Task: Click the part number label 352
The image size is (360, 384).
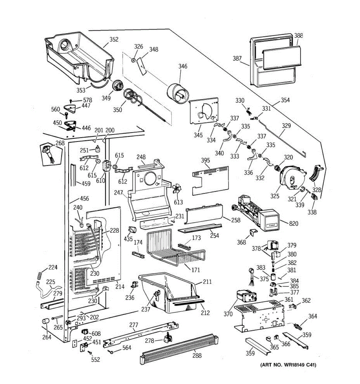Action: (114, 40)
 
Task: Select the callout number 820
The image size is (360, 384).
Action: (293, 223)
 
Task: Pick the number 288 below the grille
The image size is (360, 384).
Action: (197, 355)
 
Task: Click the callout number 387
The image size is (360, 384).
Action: (237, 58)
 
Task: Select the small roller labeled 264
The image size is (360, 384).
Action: (44, 321)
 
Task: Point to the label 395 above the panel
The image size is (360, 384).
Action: (206, 160)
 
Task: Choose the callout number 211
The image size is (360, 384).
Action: (207, 282)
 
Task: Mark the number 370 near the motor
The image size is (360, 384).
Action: (228, 314)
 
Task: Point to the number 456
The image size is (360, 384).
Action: (84, 198)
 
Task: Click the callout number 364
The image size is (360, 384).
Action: (313, 316)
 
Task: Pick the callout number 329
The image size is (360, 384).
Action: (286, 126)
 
